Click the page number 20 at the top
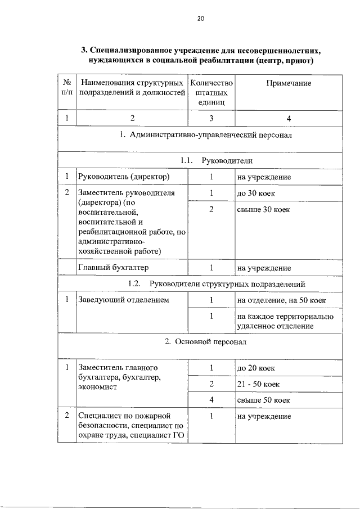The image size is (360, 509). (x=201, y=18)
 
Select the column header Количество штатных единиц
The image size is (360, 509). (x=211, y=93)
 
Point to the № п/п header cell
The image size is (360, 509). (x=67, y=88)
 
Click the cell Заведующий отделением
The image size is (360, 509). (x=123, y=300)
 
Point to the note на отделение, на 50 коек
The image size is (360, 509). (x=281, y=300)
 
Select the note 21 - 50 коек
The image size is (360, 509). (x=258, y=384)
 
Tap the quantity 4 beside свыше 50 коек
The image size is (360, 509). (x=211, y=400)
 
